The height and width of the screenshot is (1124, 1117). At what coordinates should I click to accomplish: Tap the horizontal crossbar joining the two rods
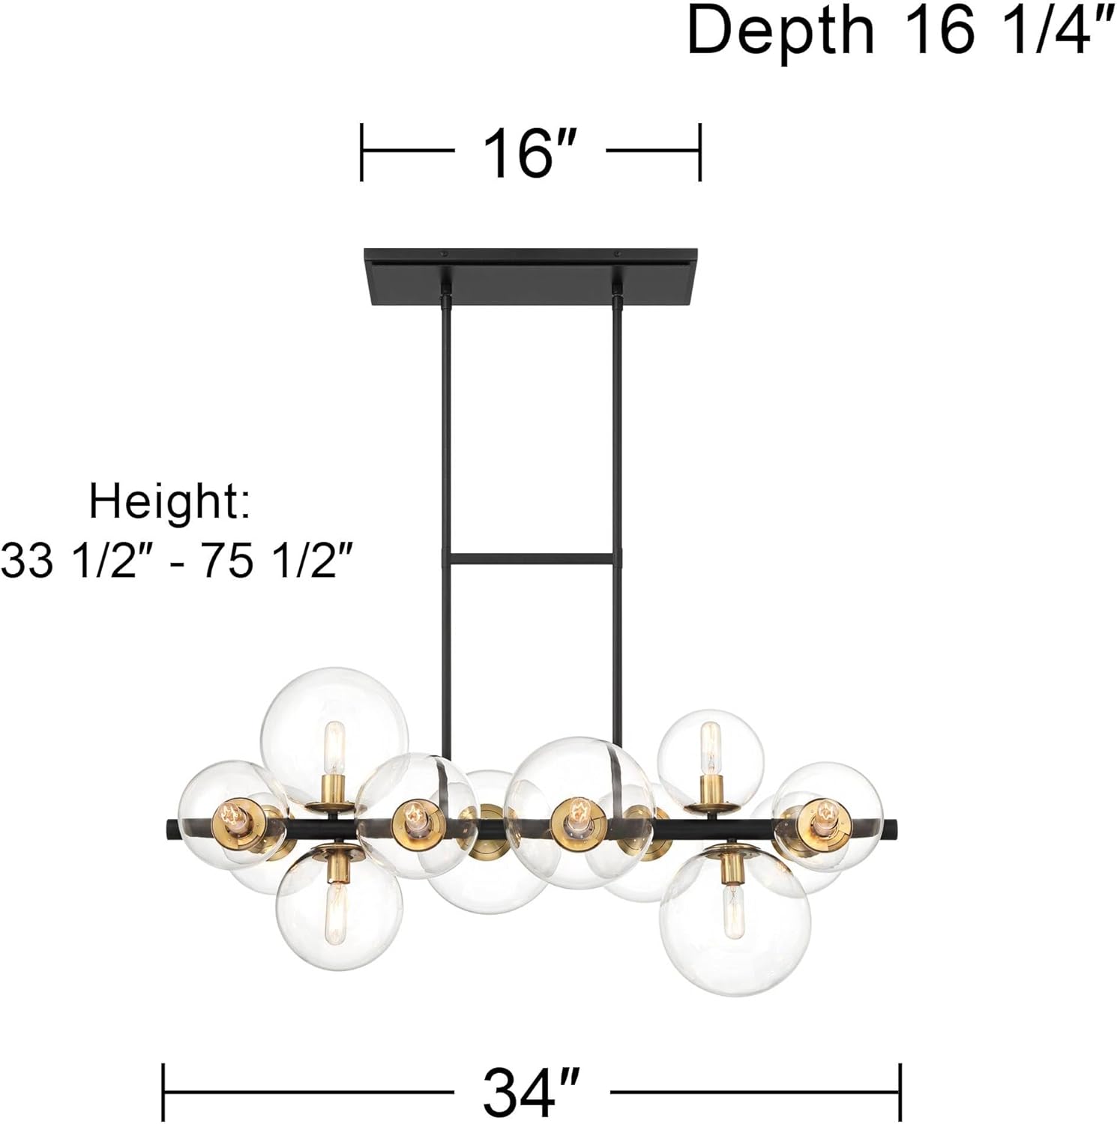pyautogui.click(x=530, y=559)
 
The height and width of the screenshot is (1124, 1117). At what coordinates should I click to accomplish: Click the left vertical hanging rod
pyautogui.click(x=443, y=450)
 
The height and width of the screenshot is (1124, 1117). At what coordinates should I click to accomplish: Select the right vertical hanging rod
pyautogui.click(x=618, y=450)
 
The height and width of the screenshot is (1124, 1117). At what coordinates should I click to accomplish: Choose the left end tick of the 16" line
pyautogui.click(x=361, y=152)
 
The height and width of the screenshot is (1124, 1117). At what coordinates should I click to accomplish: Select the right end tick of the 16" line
pyautogui.click(x=699, y=152)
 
